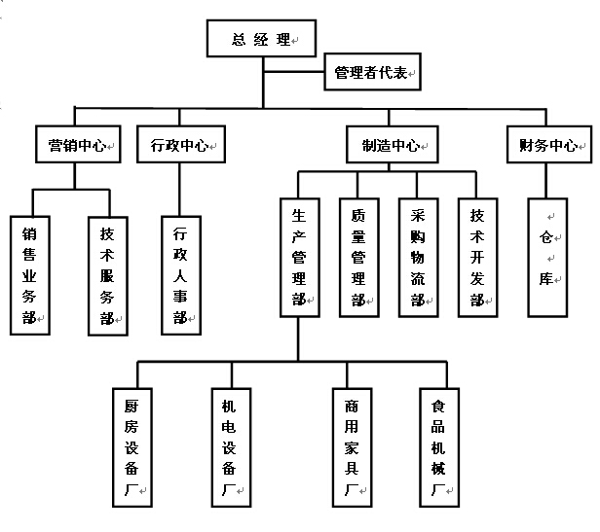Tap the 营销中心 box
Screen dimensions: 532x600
pyautogui.click(x=78, y=146)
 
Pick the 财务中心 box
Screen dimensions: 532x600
pyautogui.click(x=548, y=146)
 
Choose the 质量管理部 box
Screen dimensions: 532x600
pyautogui.click(x=358, y=257)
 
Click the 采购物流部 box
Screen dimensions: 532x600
pyautogui.click(x=418, y=257)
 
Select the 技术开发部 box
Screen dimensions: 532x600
pyautogui.click(x=478, y=257)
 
